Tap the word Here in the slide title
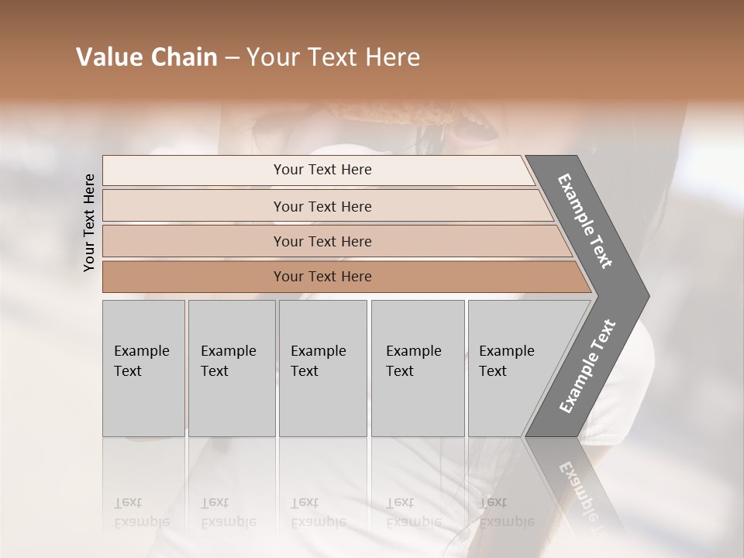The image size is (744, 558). click(x=391, y=57)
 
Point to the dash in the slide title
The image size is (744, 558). click(x=231, y=58)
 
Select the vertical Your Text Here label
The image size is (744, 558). click(x=89, y=222)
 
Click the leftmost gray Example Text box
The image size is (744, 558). click(x=143, y=368)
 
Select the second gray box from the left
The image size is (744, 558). click(x=232, y=368)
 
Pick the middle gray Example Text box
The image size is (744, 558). click(x=322, y=368)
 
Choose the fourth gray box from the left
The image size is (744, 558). click(x=418, y=368)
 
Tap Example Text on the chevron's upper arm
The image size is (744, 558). click(x=585, y=221)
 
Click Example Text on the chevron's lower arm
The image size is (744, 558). click(x=587, y=366)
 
